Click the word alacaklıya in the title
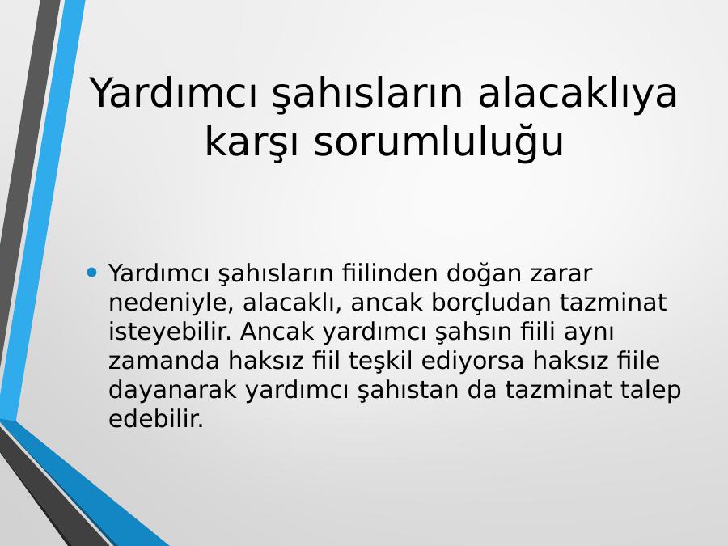(578, 93)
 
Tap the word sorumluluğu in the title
(438, 142)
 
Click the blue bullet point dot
(92, 272)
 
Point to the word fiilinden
(390, 273)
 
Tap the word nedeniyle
(171, 303)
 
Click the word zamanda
(163, 362)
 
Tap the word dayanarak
(172, 391)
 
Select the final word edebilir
(156, 419)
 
